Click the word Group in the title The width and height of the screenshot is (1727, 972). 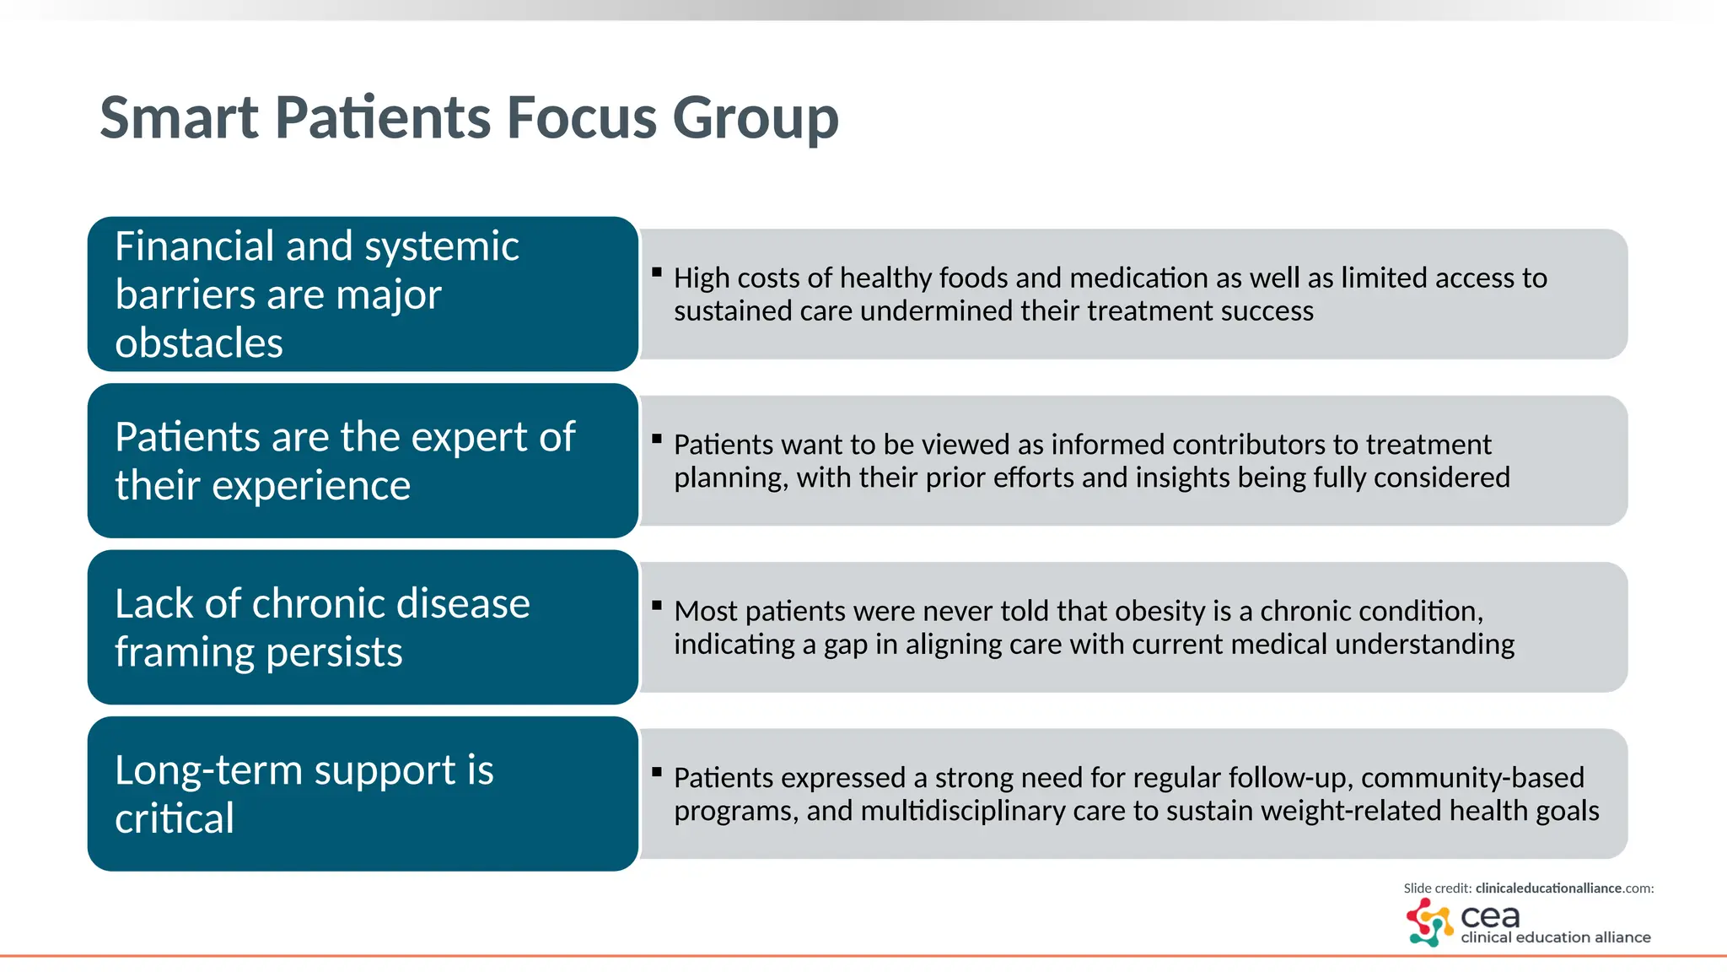tap(755, 119)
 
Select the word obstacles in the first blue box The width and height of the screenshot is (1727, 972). tap(198, 343)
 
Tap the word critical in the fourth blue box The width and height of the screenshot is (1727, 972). tap(174, 819)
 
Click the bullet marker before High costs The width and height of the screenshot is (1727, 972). tap(657, 272)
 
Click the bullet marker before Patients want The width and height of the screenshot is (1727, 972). tap(657, 439)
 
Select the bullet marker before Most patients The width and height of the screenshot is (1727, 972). tap(657, 605)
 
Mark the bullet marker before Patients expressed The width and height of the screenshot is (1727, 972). tap(657, 771)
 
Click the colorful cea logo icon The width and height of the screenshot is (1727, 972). tap(1428, 922)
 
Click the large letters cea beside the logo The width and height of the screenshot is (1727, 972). tap(1489, 916)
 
